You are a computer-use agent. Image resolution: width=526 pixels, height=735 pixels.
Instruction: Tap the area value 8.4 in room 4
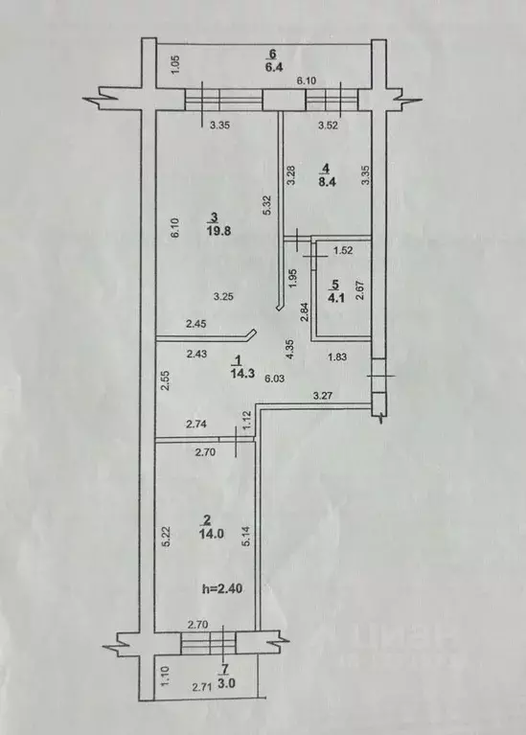click(325, 177)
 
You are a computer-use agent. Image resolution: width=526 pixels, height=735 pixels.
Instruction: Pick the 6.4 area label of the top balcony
click(271, 66)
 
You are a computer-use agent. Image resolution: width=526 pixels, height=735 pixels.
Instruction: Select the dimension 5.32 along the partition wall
click(270, 205)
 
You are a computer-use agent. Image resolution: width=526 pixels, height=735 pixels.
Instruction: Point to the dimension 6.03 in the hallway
click(276, 378)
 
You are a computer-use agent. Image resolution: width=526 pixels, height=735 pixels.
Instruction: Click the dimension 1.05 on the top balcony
click(174, 64)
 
